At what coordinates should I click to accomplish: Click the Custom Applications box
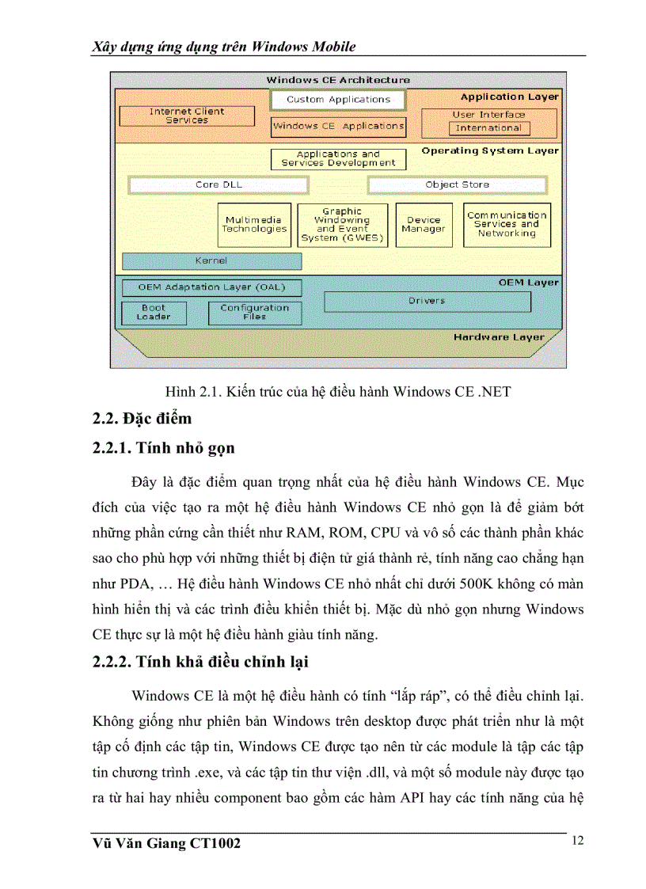point(338,100)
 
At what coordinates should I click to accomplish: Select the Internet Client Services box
point(187,116)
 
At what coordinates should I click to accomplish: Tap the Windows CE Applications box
point(338,126)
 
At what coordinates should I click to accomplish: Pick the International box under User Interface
point(488,127)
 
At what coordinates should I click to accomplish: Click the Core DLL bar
point(218,184)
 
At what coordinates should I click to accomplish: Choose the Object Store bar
point(457,184)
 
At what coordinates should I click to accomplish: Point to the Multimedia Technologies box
point(254,225)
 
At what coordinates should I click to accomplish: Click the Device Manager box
point(424,225)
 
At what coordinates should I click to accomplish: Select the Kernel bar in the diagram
point(211,260)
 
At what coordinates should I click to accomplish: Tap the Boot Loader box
point(154,313)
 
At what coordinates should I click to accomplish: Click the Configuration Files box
point(254,313)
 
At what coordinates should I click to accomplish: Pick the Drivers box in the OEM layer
point(427,301)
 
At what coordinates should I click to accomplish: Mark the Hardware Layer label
point(499,337)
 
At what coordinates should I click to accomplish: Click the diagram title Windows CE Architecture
point(338,80)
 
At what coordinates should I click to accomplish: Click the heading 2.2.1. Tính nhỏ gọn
point(163,448)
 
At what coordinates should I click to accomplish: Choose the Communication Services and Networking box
point(507,225)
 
